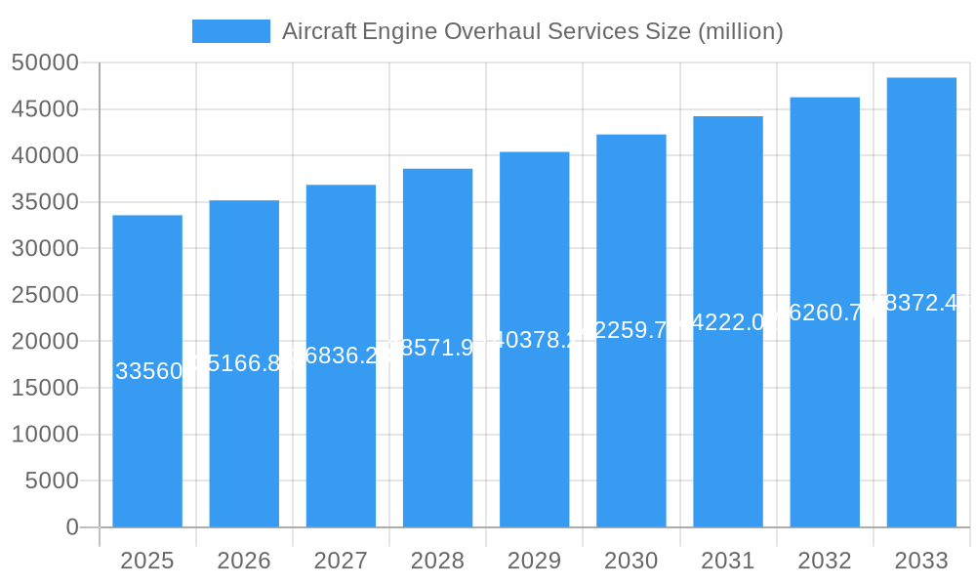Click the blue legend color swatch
click(x=231, y=31)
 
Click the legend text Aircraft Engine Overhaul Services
click(x=532, y=31)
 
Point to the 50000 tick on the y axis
click(x=45, y=63)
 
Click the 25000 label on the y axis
click(x=45, y=295)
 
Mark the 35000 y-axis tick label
click(x=45, y=202)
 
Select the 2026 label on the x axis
click(x=244, y=561)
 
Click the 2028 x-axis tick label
click(x=437, y=561)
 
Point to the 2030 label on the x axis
click(x=630, y=561)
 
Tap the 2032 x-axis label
click(x=825, y=561)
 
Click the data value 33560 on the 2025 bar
click(x=148, y=371)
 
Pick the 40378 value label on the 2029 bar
click(x=534, y=340)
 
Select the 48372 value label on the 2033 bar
click(x=921, y=303)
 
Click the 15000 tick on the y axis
click(x=45, y=388)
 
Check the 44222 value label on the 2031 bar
click(x=728, y=322)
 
